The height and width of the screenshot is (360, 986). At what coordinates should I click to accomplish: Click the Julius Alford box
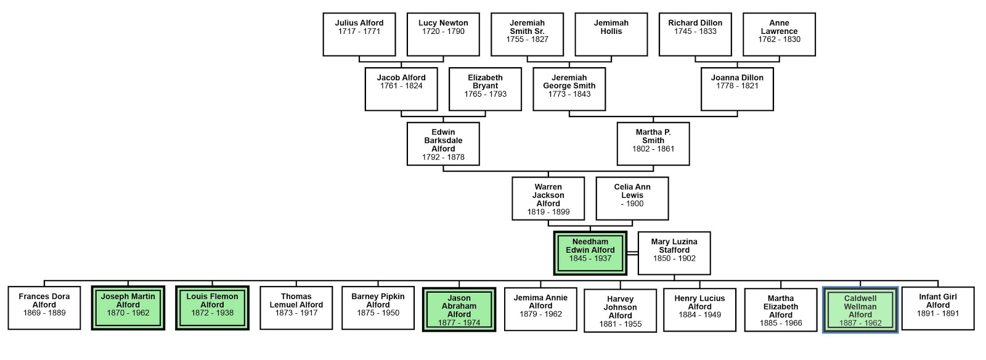[x=359, y=35]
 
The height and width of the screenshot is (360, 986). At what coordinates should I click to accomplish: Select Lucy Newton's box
[x=443, y=35]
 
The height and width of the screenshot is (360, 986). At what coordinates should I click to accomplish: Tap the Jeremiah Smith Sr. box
[x=527, y=35]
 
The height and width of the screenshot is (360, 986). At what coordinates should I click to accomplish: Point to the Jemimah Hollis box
[x=611, y=35]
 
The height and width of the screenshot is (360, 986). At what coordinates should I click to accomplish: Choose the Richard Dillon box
[x=695, y=35]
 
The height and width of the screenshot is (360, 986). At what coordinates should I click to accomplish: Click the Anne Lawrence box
[x=779, y=35]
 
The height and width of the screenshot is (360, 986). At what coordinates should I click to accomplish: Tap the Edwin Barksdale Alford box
[x=443, y=144]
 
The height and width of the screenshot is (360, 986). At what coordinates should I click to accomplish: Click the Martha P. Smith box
[x=653, y=144]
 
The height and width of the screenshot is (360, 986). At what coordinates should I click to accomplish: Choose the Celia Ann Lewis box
[x=632, y=198]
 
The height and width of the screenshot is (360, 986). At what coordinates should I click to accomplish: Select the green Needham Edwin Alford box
[x=590, y=253]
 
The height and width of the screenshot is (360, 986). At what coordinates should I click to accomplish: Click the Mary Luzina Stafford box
[x=674, y=253]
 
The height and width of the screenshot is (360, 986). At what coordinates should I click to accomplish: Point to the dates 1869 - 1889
[x=44, y=313]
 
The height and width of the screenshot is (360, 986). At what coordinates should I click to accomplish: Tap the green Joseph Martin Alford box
[x=128, y=308]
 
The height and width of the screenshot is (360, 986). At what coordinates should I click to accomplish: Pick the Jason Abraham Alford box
[x=459, y=309]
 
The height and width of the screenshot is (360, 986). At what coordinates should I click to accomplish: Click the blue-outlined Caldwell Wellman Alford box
[x=860, y=309]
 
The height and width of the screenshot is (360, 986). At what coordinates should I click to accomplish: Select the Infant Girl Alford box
[x=938, y=308]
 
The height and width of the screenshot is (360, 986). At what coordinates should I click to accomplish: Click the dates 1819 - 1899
[x=548, y=212]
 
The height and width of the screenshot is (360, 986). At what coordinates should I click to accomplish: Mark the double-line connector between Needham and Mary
[x=632, y=253]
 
